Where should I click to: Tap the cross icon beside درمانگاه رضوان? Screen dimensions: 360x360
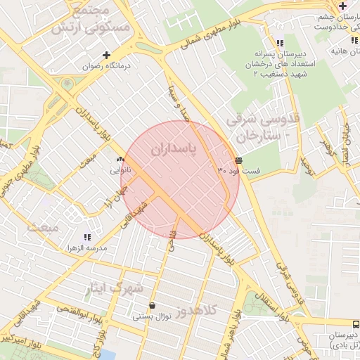pyautogui.click(x=107, y=55)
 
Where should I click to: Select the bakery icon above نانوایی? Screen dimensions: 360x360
pyautogui.click(x=120, y=160)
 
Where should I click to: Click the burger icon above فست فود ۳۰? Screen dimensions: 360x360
pyautogui.click(x=239, y=160)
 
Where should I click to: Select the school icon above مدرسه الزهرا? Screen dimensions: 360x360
pyautogui.click(x=87, y=238)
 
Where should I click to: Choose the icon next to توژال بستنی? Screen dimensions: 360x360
pyautogui.click(x=153, y=306)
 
